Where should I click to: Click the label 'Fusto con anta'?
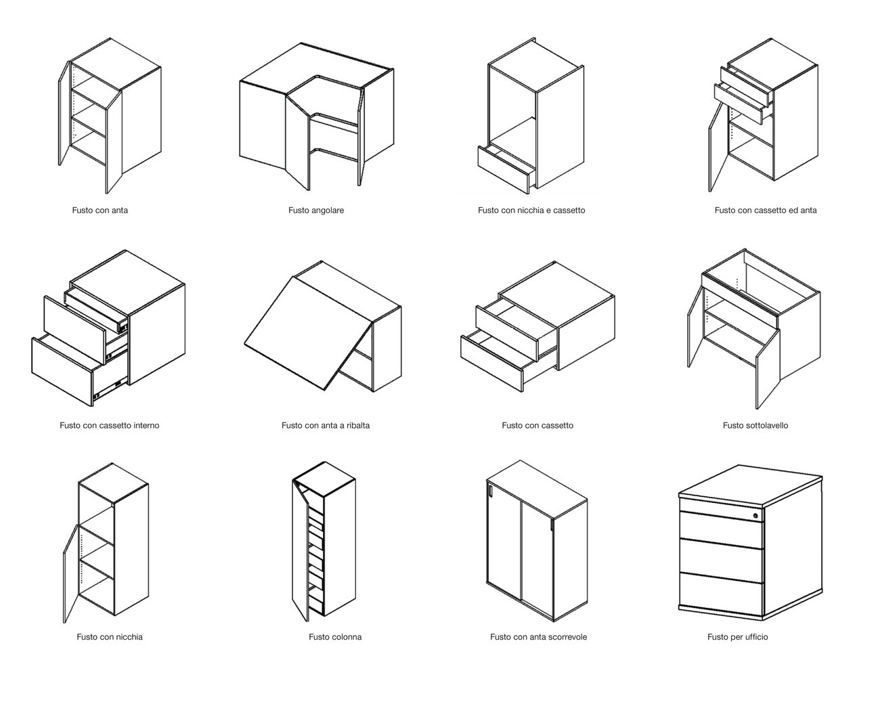pyautogui.click(x=100, y=210)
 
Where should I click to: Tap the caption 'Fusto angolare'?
pyautogui.click(x=316, y=210)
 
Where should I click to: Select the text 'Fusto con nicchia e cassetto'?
pyautogui.click(x=531, y=210)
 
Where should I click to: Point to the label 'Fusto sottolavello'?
pyautogui.click(x=755, y=425)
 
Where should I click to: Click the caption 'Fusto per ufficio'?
pyautogui.click(x=738, y=637)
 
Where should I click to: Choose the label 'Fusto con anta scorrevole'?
pyautogui.click(x=538, y=637)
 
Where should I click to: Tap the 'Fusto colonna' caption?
pyautogui.click(x=335, y=637)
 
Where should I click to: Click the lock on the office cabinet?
pyautogui.click(x=755, y=516)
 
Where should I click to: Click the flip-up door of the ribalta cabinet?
pyautogui.click(x=309, y=333)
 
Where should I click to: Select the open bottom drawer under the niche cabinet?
pyautogui.click(x=504, y=169)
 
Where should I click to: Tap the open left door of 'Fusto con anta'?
pyautogui.click(x=64, y=114)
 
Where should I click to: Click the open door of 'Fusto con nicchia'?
pyautogui.click(x=71, y=573)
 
